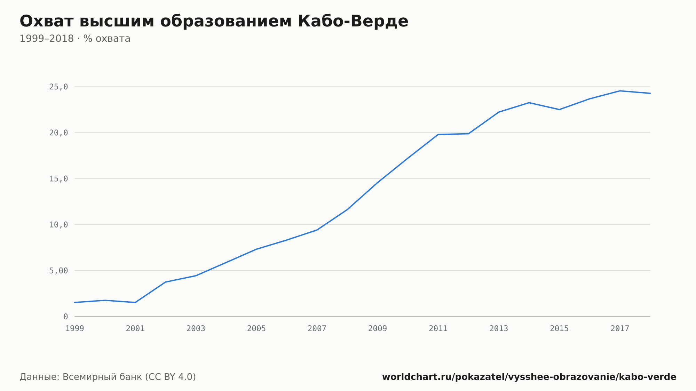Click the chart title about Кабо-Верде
(214, 21)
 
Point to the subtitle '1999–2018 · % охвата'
(75, 39)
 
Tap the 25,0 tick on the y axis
(58, 87)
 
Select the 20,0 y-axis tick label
(58, 133)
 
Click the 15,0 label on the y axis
(58, 179)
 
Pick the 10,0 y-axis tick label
(58, 225)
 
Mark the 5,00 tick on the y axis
(58, 271)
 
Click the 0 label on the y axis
(66, 317)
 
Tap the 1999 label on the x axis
(75, 329)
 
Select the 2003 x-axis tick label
(196, 329)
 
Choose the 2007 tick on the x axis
(317, 329)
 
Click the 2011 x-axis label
(438, 329)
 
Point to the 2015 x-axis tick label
(559, 329)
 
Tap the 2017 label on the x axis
(620, 329)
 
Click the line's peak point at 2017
(620, 91)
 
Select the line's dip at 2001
(135, 302)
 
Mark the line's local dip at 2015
(559, 110)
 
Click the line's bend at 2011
(438, 134)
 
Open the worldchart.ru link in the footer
(529, 377)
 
